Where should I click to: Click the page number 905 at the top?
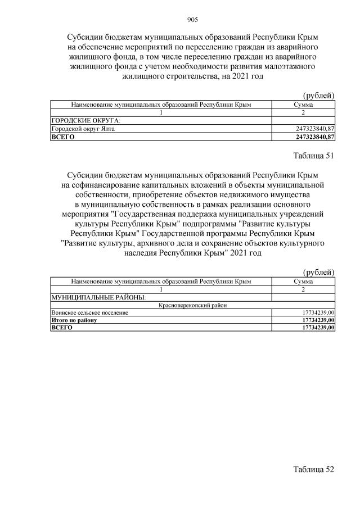click(192, 20)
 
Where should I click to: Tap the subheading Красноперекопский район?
click(192, 305)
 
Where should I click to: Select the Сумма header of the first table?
click(303, 105)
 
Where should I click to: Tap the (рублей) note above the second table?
click(318, 272)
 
